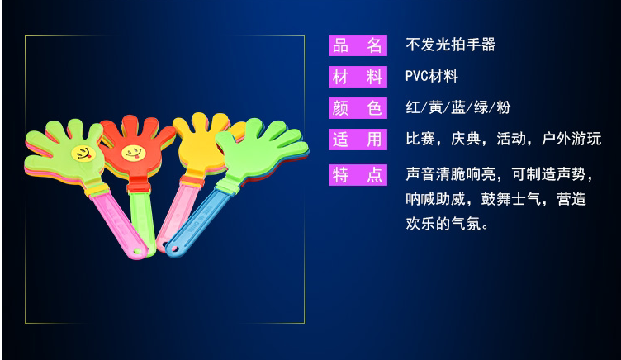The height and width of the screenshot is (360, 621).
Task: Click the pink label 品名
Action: click(x=358, y=45)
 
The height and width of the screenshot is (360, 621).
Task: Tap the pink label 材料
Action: click(x=358, y=77)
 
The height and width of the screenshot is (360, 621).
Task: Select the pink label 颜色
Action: click(x=358, y=107)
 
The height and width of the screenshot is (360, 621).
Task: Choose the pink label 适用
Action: click(x=358, y=140)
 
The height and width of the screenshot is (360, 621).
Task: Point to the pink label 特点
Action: click(x=358, y=175)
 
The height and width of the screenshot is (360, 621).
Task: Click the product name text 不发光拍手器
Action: click(x=450, y=45)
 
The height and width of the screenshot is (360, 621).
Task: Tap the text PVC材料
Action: click(x=432, y=76)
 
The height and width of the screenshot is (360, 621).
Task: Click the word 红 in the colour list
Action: click(x=413, y=107)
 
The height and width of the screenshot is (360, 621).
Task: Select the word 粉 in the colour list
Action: click(x=504, y=107)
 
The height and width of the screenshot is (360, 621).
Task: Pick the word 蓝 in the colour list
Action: click(x=458, y=107)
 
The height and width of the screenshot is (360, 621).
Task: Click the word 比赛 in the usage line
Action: click(x=420, y=139)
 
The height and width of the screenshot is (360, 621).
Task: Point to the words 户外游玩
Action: click(x=571, y=139)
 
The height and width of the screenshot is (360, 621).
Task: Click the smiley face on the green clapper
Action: click(x=83, y=154)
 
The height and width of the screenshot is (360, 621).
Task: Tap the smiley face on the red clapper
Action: click(x=134, y=153)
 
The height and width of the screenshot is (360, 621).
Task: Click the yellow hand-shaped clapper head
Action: click(x=199, y=143)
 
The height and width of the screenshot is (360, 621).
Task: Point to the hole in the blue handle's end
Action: click(x=173, y=249)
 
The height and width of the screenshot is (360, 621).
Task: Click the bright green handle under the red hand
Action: click(x=141, y=222)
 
